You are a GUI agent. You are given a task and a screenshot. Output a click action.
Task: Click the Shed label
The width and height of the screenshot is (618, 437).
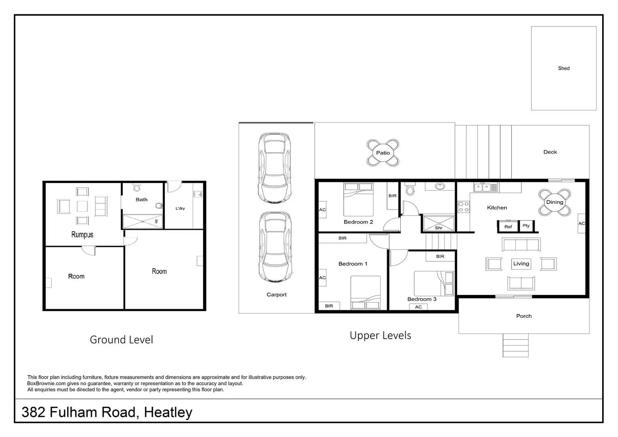coord(563,68)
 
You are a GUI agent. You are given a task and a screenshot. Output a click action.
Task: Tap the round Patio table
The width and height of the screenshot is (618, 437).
coord(383,153)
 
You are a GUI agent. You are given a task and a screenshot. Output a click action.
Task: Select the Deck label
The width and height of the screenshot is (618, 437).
coord(550,152)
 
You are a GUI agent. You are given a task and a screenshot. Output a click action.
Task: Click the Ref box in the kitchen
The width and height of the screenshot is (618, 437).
coord(508,227)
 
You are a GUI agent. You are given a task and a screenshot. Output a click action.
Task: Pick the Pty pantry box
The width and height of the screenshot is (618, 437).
coord(526,226)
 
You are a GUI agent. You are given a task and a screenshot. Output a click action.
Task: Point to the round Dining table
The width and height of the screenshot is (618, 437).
coord(555,202)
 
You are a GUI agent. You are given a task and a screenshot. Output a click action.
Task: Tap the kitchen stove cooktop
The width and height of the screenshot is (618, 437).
coord(463,207)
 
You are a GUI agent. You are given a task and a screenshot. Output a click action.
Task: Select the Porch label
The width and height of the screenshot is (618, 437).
coord(524,316)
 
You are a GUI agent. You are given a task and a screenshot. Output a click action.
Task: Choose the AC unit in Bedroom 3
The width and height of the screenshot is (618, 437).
coord(418,307)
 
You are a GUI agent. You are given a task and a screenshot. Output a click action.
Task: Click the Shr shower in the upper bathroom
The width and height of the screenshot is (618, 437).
coord(438,223)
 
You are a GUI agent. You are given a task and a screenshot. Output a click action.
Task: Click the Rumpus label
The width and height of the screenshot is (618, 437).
coord(82,235)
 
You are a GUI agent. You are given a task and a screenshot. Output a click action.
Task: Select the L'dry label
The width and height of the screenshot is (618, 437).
coord(180,208)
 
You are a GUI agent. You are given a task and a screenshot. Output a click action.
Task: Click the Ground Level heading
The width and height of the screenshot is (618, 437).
coord(121,339)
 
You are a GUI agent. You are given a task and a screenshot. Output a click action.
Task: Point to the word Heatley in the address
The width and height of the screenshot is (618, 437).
coord(168,412)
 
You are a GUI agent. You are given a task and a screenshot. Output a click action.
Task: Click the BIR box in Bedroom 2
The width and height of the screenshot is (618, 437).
coord(392,196)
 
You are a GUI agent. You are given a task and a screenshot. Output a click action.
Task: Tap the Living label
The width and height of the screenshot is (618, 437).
coord(521,263)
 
